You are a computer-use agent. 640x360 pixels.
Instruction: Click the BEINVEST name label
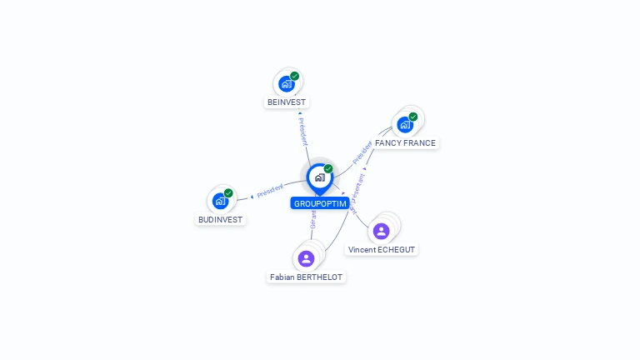(287, 102)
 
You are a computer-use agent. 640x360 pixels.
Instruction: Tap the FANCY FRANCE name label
(405, 143)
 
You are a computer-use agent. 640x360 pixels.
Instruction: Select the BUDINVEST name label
(220, 220)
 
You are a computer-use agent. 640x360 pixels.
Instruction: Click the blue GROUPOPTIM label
(320, 203)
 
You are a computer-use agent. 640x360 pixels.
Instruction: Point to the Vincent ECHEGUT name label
(382, 250)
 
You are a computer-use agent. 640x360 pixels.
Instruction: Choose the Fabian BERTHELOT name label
(306, 277)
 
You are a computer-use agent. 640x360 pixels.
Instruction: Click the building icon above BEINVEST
(287, 83)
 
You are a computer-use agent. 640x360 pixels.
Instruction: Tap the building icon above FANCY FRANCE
(405, 125)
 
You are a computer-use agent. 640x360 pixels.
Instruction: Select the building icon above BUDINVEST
(220, 201)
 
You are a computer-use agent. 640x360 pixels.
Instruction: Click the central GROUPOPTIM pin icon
(320, 177)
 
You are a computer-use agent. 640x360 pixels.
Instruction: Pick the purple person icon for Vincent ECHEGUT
(382, 231)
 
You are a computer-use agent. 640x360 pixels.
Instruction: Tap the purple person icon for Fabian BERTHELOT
(306, 258)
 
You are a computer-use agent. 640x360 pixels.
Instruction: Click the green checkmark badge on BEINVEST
(294, 76)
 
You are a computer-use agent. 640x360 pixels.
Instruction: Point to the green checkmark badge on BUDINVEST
(228, 193)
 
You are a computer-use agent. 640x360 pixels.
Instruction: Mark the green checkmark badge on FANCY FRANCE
(413, 117)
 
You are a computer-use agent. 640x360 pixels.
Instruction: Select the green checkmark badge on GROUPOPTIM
(328, 169)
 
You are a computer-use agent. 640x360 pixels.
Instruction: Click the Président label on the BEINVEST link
(302, 131)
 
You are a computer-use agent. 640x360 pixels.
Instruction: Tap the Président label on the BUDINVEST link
(270, 191)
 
